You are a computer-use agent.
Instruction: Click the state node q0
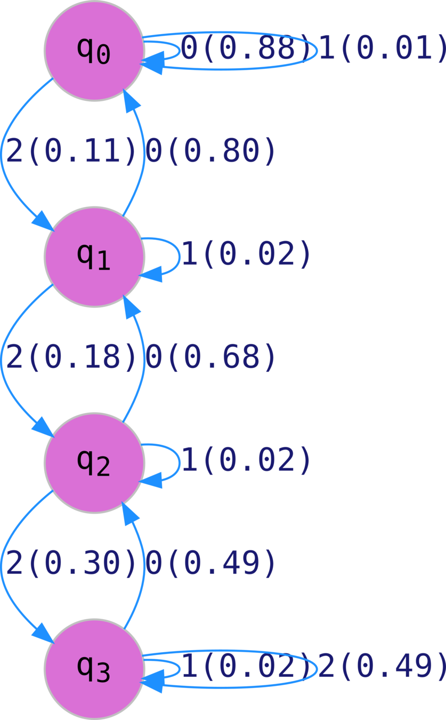click(94, 51)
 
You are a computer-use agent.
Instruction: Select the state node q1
click(94, 257)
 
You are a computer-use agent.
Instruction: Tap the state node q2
click(94, 462)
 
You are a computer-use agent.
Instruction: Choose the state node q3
click(94, 668)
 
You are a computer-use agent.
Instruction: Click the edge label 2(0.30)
click(71, 563)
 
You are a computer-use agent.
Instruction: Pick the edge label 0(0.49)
click(211, 563)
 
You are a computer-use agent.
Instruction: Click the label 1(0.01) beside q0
click(382, 49)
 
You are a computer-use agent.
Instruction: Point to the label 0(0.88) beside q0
click(245, 49)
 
